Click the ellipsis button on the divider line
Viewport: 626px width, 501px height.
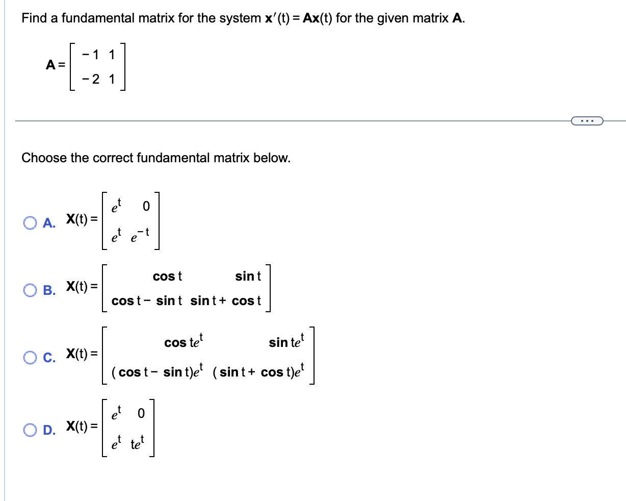(x=587, y=121)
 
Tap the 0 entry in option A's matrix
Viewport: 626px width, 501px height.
(x=146, y=206)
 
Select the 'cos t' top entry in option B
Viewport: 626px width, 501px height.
(x=167, y=277)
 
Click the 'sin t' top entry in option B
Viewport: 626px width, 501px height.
(x=248, y=277)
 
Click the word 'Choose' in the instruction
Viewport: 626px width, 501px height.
(x=44, y=158)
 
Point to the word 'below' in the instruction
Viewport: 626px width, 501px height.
(x=274, y=158)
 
